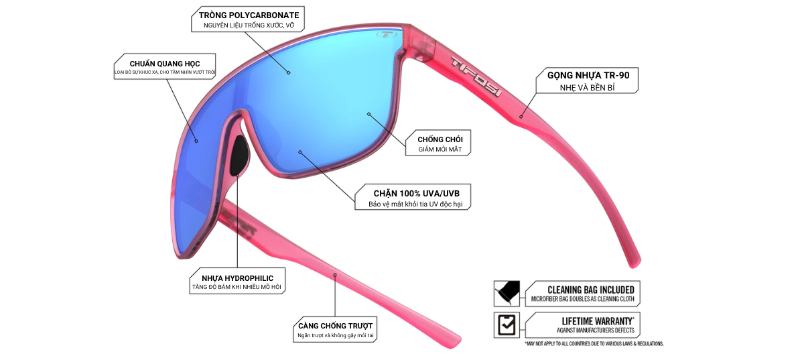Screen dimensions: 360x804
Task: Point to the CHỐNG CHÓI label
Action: pos(440,139)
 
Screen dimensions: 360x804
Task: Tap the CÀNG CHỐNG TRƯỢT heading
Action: pos(335,326)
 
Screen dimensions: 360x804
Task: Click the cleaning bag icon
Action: pos(505,292)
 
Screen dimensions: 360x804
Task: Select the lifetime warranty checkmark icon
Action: pos(505,324)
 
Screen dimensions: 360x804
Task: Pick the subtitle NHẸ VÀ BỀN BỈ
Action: pos(588,88)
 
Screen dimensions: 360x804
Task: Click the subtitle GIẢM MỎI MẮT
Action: pos(440,150)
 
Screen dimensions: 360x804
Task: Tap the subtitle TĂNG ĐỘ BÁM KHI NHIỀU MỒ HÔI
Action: pos(237,288)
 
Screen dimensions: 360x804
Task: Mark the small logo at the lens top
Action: pos(386,34)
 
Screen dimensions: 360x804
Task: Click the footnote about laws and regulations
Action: pos(594,343)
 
